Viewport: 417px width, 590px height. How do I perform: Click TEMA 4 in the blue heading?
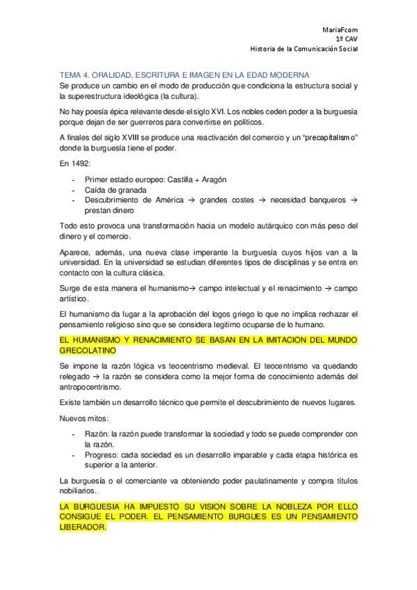point(75,74)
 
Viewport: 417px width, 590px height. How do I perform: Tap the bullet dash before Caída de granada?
point(74,190)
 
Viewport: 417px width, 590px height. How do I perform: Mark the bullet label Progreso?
point(104,454)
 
